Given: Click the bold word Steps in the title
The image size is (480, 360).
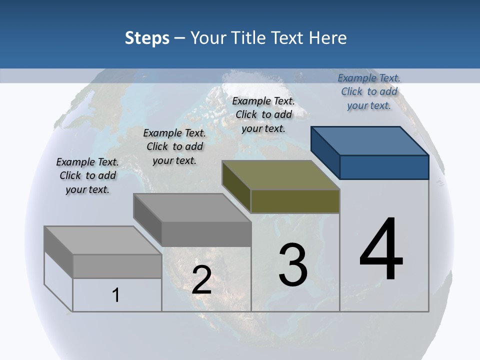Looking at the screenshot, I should pos(147,38).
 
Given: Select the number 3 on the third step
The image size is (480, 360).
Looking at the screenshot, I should pos(293,264).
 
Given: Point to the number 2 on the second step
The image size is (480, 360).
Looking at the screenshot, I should pos(201,280).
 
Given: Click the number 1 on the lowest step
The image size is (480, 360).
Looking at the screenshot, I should pos(116,295).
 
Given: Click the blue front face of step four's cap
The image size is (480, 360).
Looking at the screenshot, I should pos(384,167).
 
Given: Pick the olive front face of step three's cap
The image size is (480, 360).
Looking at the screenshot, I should pos(295,201).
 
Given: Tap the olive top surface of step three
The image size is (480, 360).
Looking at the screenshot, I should pos(280,175).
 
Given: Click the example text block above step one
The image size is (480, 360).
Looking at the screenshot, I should pos(87,176).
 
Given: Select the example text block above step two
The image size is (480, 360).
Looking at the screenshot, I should pos(174,146).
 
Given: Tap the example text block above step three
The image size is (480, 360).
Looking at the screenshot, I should pos(263,114).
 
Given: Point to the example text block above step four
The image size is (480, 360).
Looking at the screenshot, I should pos(369,91).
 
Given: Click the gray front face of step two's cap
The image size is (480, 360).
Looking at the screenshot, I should pos(206,234).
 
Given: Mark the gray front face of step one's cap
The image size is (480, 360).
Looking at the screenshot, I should pos(117,266).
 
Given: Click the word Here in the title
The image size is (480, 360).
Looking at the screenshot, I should pos(328,38).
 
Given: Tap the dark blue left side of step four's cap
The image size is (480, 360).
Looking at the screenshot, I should pos(325,152).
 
